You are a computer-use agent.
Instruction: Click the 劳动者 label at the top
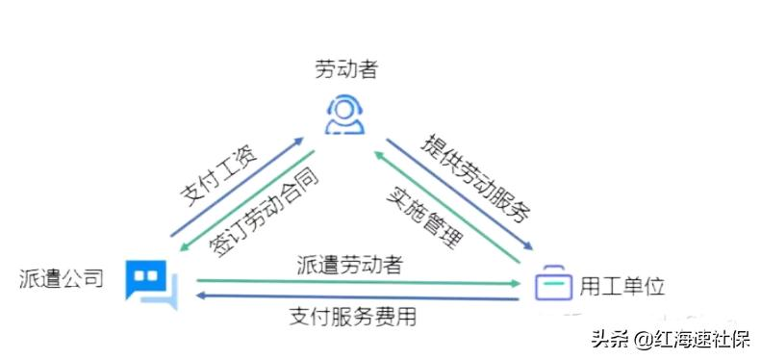[x=345, y=69]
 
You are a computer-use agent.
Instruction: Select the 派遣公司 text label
[x=61, y=280]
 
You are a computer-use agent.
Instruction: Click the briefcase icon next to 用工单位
[x=553, y=284]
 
